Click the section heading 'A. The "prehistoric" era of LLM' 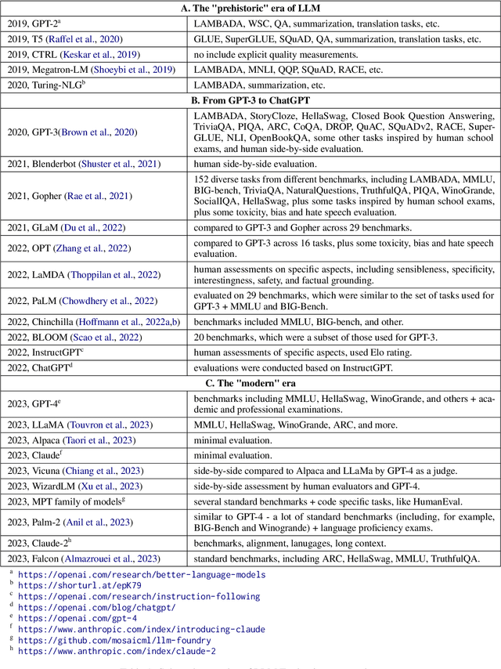pyautogui.click(x=250, y=9)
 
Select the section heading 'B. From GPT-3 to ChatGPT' pyautogui.click(x=250, y=100)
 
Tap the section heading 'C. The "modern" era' pyautogui.click(x=250, y=384)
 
